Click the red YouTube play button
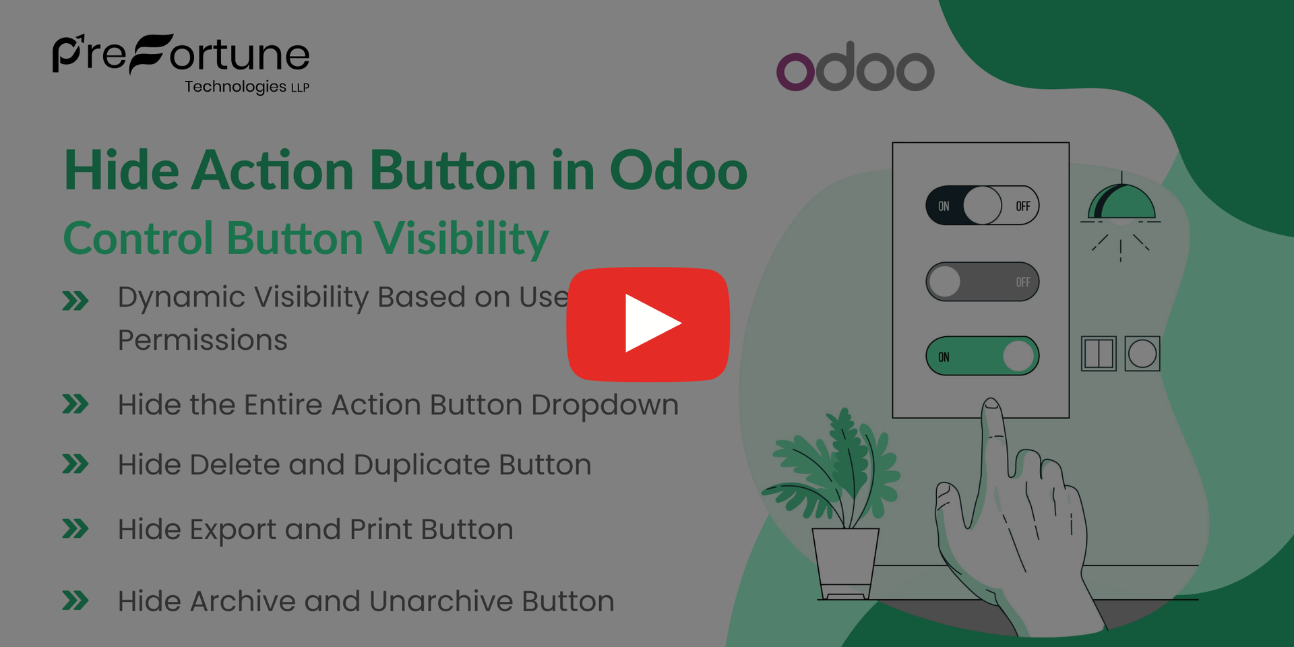click(648, 323)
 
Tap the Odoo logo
click(855, 67)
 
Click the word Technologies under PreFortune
click(235, 87)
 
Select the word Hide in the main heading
click(121, 171)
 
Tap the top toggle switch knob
click(982, 206)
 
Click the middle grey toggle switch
click(982, 282)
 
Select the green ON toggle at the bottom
click(982, 356)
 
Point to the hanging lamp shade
click(1121, 202)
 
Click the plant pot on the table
click(845, 563)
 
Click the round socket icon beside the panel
click(1142, 354)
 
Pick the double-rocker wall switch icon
click(1099, 354)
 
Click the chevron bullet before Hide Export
click(75, 529)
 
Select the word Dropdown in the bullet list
click(605, 405)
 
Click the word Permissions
click(202, 340)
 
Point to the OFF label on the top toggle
click(1022, 206)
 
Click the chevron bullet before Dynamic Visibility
click(75, 301)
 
